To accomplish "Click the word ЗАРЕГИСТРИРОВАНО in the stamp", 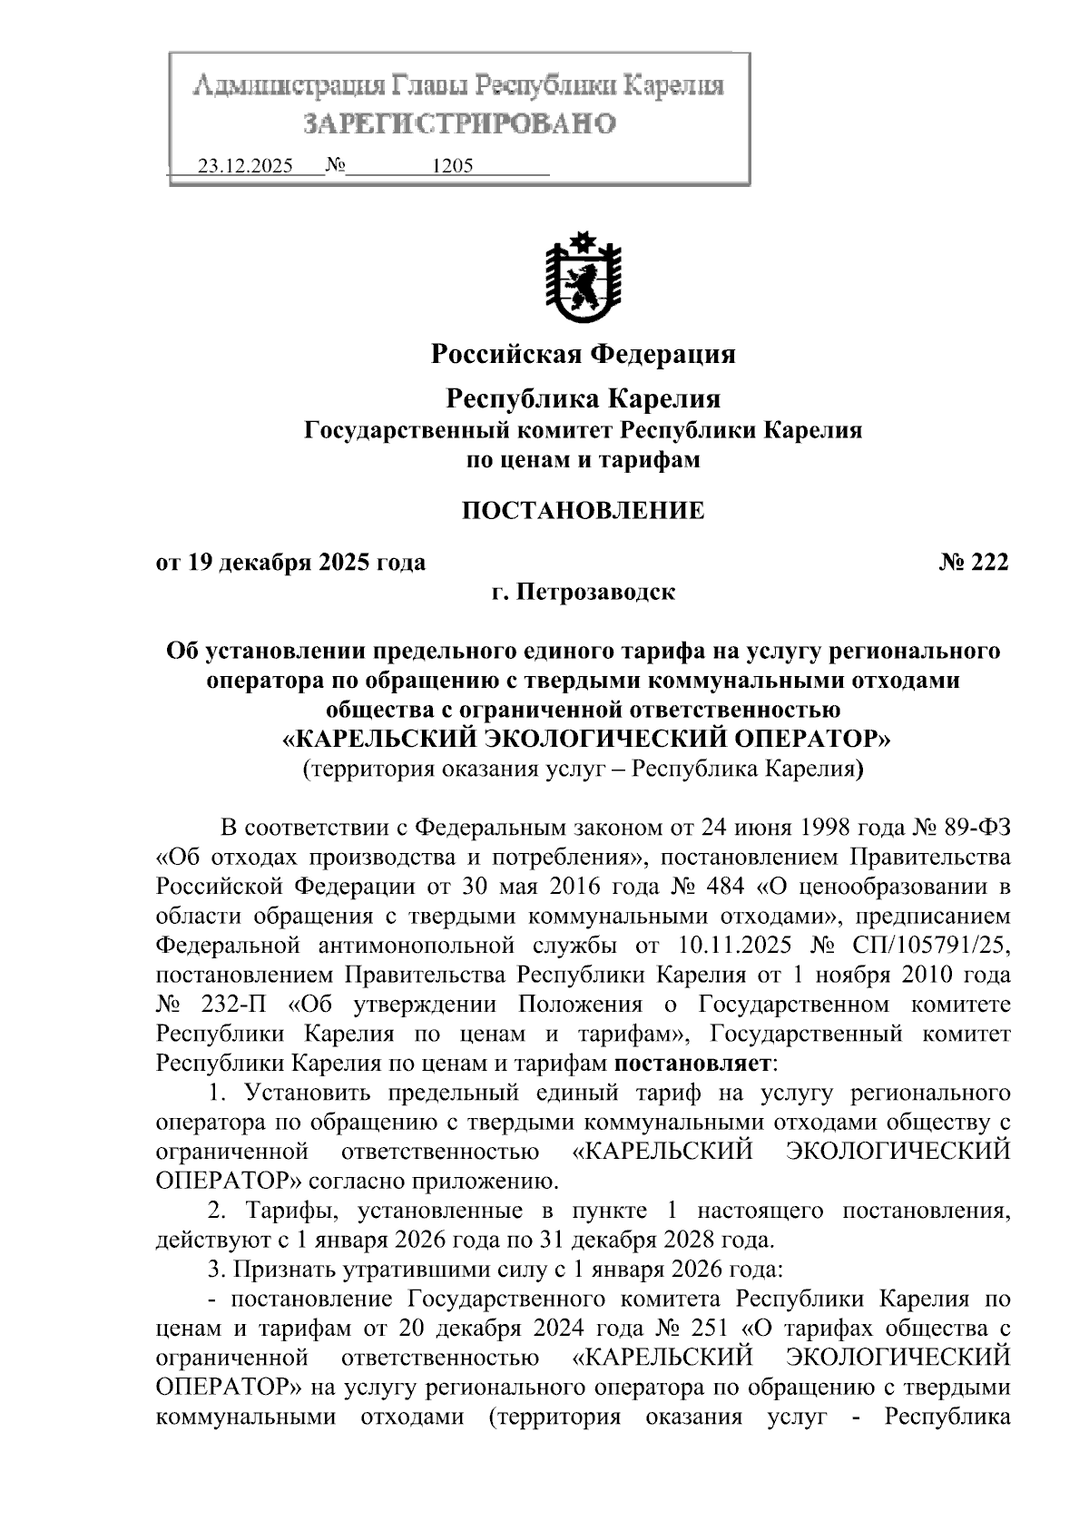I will pos(459,123).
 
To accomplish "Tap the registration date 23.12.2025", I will pos(245,167).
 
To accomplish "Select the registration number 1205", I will pos(453,167).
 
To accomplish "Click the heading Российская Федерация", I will pos(583,353).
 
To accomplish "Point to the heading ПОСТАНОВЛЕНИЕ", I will pos(583,511).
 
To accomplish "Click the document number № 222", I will pos(974,563).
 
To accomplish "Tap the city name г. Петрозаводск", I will pos(583,593).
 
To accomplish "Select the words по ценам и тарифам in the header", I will pos(583,459).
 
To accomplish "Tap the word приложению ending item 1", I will pos(495,1181).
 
